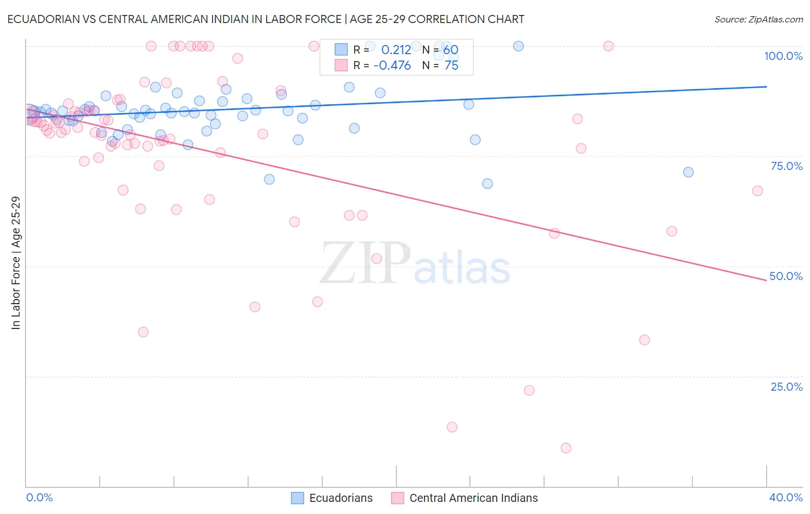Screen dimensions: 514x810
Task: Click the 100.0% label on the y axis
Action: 783,56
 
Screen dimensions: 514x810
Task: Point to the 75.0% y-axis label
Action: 786,166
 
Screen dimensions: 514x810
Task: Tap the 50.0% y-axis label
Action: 786,276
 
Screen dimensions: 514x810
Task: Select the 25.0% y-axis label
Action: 786,387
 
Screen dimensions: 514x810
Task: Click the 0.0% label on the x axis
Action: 39,497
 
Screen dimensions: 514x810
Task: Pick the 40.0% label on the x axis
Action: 786,497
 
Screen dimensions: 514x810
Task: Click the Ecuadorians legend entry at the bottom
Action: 340,498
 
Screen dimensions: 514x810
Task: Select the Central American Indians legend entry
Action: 473,498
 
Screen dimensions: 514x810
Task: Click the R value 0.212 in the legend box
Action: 396,50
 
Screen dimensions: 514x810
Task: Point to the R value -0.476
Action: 392,66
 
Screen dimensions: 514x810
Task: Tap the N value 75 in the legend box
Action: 451,66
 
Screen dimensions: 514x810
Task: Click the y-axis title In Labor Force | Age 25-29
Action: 16,263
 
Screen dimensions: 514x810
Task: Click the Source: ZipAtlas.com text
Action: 758,20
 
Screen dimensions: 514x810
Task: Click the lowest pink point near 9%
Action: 566,448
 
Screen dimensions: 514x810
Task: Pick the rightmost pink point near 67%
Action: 758,191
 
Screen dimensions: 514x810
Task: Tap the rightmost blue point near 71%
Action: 688,172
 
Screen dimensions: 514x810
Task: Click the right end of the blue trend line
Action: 766,86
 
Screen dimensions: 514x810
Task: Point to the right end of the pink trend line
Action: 766,280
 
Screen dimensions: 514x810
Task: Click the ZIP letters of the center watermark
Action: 365,263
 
